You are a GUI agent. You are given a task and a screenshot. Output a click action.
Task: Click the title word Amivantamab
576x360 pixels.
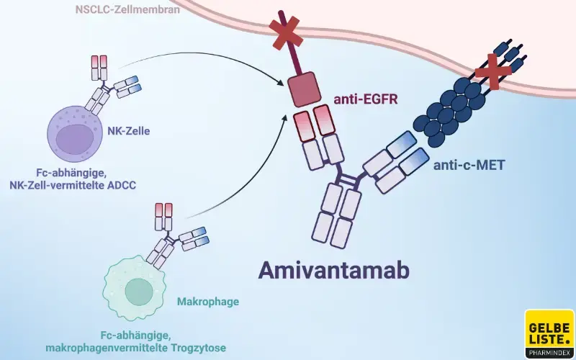[x=334, y=271]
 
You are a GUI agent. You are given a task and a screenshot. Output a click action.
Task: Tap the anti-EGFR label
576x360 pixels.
[x=364, y=101]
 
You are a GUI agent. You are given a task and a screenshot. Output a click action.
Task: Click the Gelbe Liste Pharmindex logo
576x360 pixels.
[x=549, y=333]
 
